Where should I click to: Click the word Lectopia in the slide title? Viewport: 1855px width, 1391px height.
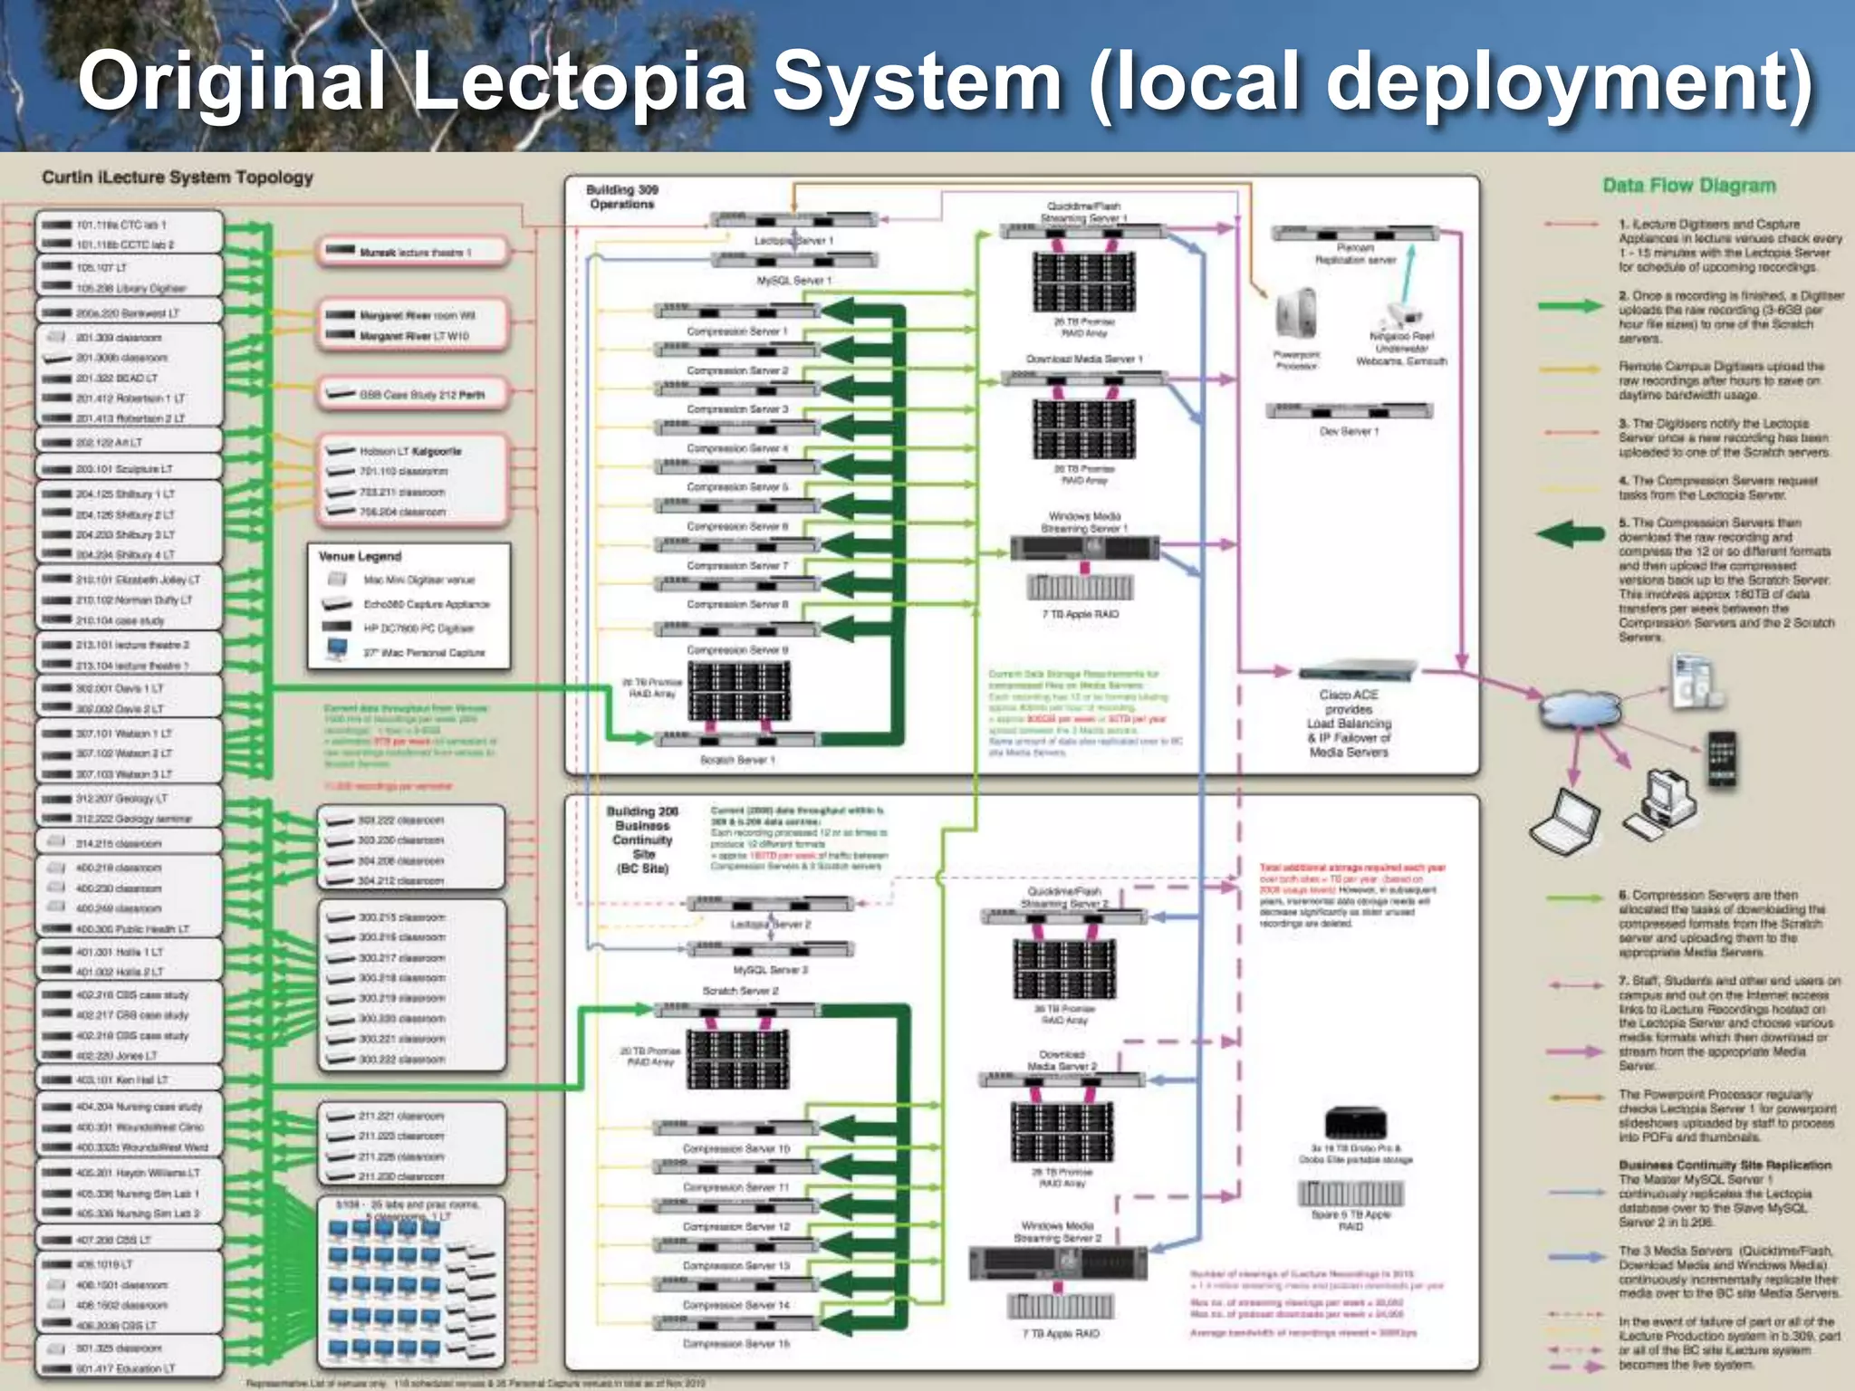coord(580,82)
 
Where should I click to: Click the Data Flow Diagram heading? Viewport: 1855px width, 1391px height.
coord(1688,186)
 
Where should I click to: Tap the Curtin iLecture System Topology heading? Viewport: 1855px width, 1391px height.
coord(178,177)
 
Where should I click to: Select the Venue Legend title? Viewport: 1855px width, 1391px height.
coord(360,556)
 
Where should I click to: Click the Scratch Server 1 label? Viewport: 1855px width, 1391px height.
coord(737,760)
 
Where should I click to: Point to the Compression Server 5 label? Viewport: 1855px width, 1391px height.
coord(736,487)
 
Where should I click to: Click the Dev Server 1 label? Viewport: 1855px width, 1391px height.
coord(1349,432)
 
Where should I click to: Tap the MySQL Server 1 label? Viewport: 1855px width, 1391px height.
coord(793,281)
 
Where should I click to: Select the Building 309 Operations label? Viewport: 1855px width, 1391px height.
coord(621,197)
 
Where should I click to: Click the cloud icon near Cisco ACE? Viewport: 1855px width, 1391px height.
coord(1577,707)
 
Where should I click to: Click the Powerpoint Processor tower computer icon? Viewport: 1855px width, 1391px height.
coord(1296,313)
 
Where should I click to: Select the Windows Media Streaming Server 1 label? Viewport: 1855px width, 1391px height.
coord(1084,522)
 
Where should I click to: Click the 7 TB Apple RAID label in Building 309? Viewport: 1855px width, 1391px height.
coord(1080,614)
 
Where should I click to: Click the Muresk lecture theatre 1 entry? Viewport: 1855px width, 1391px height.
coord(415,253)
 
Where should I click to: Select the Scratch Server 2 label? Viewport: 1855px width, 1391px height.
coord(740,991)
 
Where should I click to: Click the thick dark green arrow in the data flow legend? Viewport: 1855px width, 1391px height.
coord(1571,533)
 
